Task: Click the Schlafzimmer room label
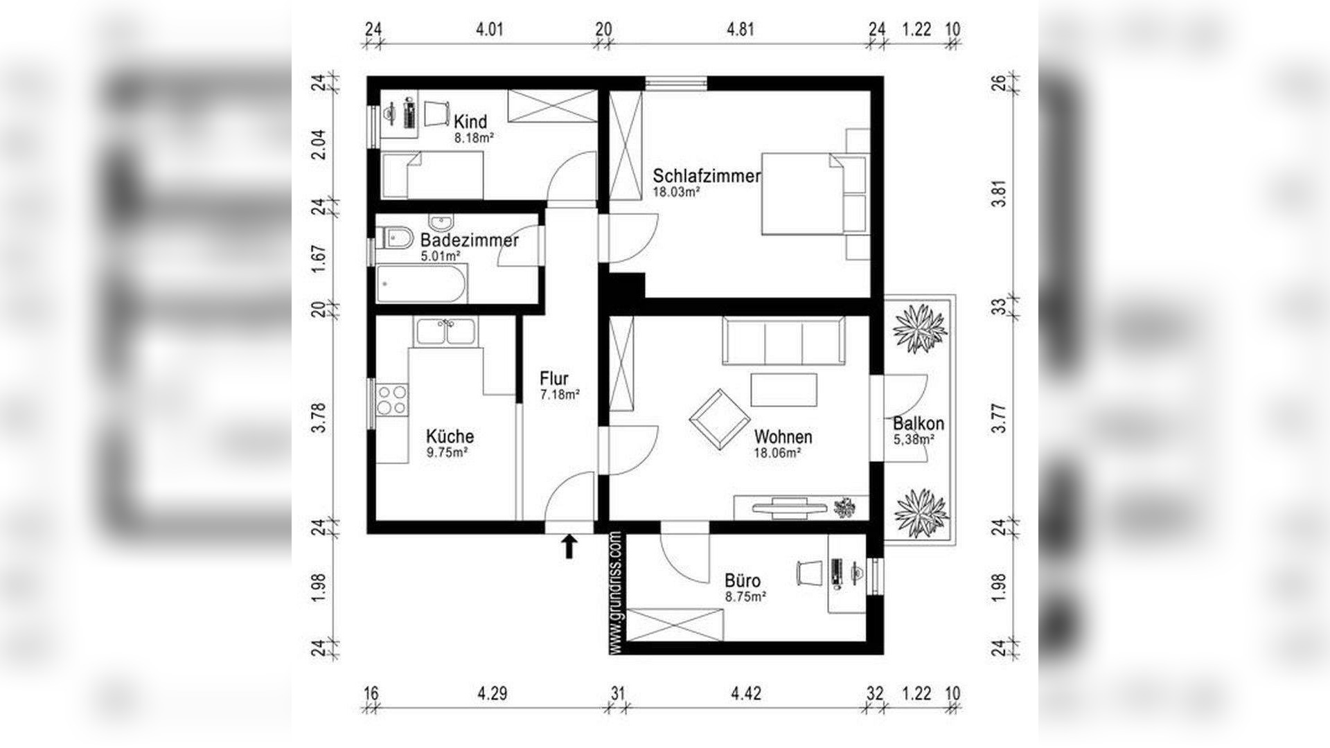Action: point(707,176)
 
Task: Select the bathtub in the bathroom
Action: point(421,285)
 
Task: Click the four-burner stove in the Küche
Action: point(391,400)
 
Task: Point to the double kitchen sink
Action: point(445,332)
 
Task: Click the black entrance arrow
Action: point(569,546)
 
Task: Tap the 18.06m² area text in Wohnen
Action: point(777,453)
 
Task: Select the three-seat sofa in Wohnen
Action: point(783,341)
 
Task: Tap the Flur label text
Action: point(554,379)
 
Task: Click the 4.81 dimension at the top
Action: point(740,30)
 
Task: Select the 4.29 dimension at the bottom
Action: point(493,693)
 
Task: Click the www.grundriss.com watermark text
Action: point(616,592)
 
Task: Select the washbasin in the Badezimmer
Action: point(441,223)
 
